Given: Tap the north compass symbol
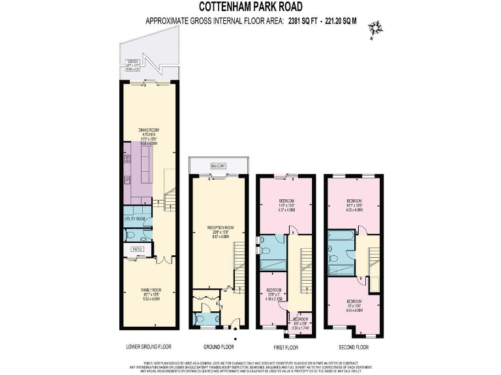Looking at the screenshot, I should pyautogui.click(x=375, y=29).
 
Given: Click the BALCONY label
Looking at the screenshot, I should pyautogui.click(x=217, y=167).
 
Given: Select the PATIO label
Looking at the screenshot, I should pyautogui.click(x=138, y=249).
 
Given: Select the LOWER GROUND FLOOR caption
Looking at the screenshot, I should pyautogui.click(x=149, y=346).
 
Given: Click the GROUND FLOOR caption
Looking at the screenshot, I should pyautogui.click(x=218, y=346).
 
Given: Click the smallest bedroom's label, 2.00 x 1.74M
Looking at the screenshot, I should pyautogui.click(x=301, y=320).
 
